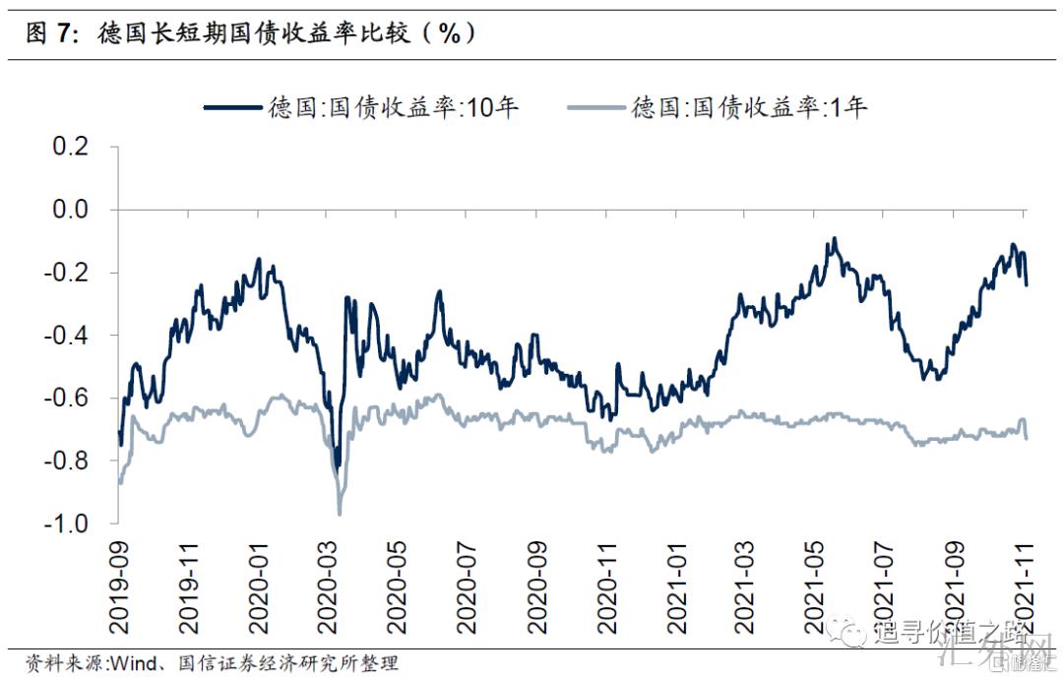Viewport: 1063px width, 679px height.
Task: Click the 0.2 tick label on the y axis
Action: click(69, 147)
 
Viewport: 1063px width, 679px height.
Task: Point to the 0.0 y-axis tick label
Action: click(69, 210)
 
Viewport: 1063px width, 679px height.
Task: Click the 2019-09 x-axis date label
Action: click(119, 580)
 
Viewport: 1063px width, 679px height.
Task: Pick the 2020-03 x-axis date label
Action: click(330, 580)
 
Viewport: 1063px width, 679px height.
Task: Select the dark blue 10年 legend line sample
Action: click(234, 107)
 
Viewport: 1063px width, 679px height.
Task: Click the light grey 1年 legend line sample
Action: click(597, 107)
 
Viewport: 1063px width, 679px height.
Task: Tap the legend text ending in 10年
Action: click(393, 107)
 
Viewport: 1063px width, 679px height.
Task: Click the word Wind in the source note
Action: click(129, 661)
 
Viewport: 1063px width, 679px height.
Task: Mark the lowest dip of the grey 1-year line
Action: click(340, 513)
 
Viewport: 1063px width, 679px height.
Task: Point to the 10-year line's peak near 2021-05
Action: click(834, 238)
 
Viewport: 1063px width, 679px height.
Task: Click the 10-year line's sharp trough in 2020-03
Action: click(337, 466)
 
